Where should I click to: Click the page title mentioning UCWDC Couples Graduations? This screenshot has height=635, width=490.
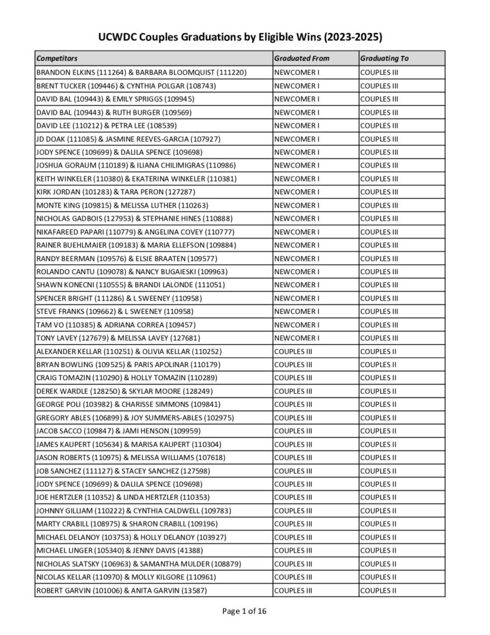pyautogui.click(x=245, y=36)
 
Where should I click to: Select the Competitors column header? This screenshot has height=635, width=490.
pyautogui.click(x=57, y=58)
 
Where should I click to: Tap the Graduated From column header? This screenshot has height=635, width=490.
pyautogui.click(x=302, y=58)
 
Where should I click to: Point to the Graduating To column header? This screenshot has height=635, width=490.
pyautogui.click(x=384, y=58)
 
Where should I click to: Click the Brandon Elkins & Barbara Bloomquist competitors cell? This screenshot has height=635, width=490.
pyautogui.click(x=142, y=73)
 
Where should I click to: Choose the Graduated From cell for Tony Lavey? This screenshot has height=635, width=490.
pyautogui.click(x=297, y=338)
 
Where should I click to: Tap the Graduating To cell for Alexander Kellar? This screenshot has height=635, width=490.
pyautogui.click(x=378, y=352)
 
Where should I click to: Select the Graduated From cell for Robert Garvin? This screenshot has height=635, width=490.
pyautogui.click(x=293, y=590)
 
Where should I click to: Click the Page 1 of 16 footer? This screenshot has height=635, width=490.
pyautogui.click(x=245, y=611)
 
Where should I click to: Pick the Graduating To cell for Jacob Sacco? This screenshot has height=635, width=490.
pyautogui.click(x=378, y=431)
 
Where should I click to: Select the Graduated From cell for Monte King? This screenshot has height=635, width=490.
pyautogui.click(x=297, y=205)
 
